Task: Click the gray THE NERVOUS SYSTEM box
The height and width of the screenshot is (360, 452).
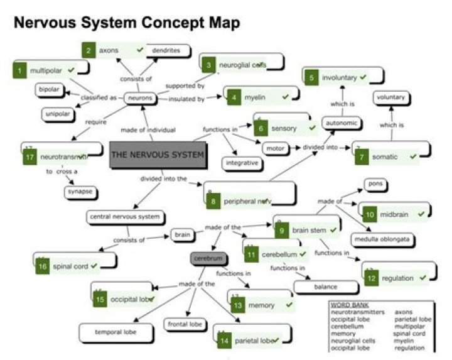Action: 158,154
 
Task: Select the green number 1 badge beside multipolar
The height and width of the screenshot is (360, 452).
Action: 20,70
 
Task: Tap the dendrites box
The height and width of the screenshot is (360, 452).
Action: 166,50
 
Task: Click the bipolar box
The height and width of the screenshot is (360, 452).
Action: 49,90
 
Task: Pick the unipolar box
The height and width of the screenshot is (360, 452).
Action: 57,114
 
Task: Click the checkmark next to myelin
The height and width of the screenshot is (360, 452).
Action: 286,97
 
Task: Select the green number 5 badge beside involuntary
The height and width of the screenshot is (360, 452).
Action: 311,78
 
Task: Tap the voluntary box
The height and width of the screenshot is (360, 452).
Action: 391,97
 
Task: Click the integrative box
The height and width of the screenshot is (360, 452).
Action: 239,163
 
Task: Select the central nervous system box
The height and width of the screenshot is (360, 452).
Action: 125,217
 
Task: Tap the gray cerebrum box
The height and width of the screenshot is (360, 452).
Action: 208,258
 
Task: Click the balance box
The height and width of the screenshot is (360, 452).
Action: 325,287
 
